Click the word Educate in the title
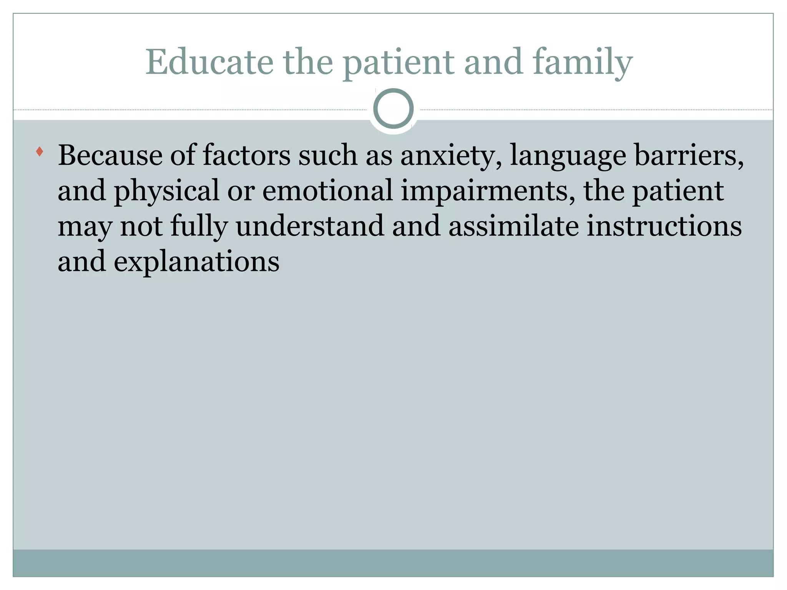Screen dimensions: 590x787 click(x=209, y=62)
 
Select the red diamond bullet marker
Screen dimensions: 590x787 click(x=39, y=151)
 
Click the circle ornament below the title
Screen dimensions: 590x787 click(x=393, y=108)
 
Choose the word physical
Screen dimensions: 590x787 click(x=166, y=191)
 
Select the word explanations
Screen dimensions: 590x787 click(x=196, y=262)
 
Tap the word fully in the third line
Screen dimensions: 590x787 click(x=199, y=227)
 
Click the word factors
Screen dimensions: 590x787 click(x=246, y=155)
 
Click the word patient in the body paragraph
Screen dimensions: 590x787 click(x=678, y=191)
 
